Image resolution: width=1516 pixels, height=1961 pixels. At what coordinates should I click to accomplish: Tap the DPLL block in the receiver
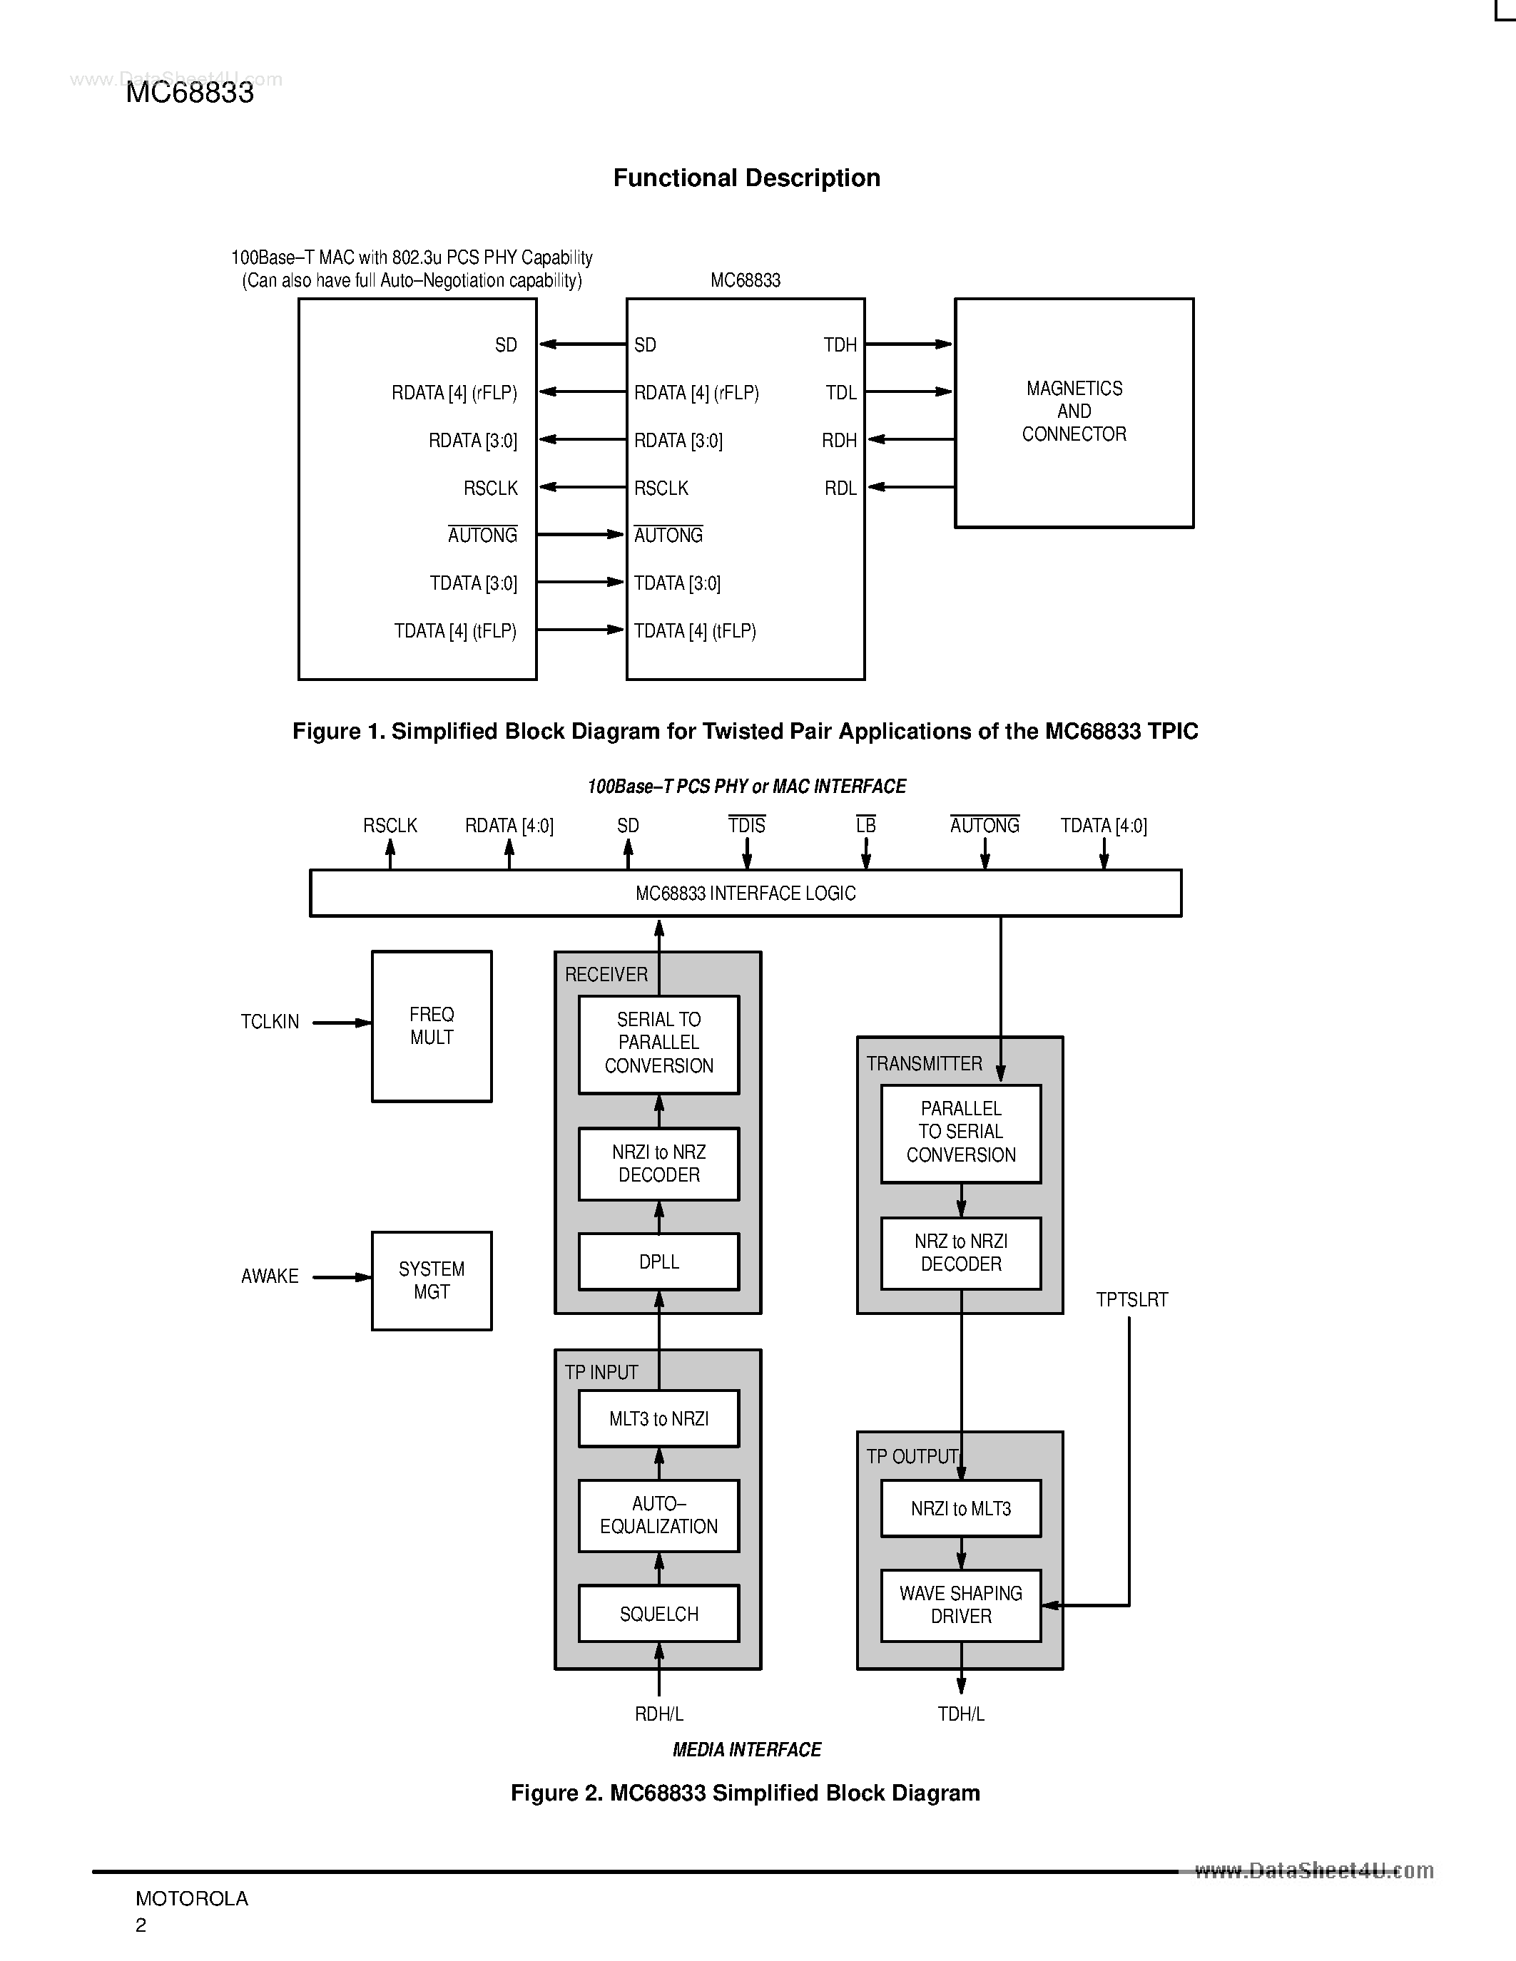point(658,1261)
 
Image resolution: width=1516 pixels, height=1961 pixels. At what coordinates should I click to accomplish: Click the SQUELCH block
point(658,1614)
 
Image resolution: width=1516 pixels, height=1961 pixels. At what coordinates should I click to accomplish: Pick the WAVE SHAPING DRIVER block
point(960,1604)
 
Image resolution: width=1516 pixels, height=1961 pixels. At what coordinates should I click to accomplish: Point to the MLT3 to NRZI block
point(658,1418)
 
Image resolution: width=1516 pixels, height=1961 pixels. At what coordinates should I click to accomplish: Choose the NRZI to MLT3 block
point(960,1508)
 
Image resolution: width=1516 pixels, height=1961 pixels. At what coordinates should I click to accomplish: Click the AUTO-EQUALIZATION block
point(658,1515)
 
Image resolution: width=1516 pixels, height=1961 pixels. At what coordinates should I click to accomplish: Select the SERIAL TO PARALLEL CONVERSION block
point(658,1043)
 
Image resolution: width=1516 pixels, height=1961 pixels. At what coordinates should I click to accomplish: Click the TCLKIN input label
point(270,1022)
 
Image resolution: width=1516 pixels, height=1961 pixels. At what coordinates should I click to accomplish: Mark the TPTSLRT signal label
point(1131,1300)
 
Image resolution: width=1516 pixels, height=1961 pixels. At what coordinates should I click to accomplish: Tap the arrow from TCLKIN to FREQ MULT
point(341,1023)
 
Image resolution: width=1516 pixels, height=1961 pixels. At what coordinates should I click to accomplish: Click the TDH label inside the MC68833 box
point(840,345)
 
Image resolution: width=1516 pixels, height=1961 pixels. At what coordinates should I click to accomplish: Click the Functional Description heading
point(746,178)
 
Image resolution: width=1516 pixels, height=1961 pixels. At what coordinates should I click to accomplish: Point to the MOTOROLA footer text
point(191,1898)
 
